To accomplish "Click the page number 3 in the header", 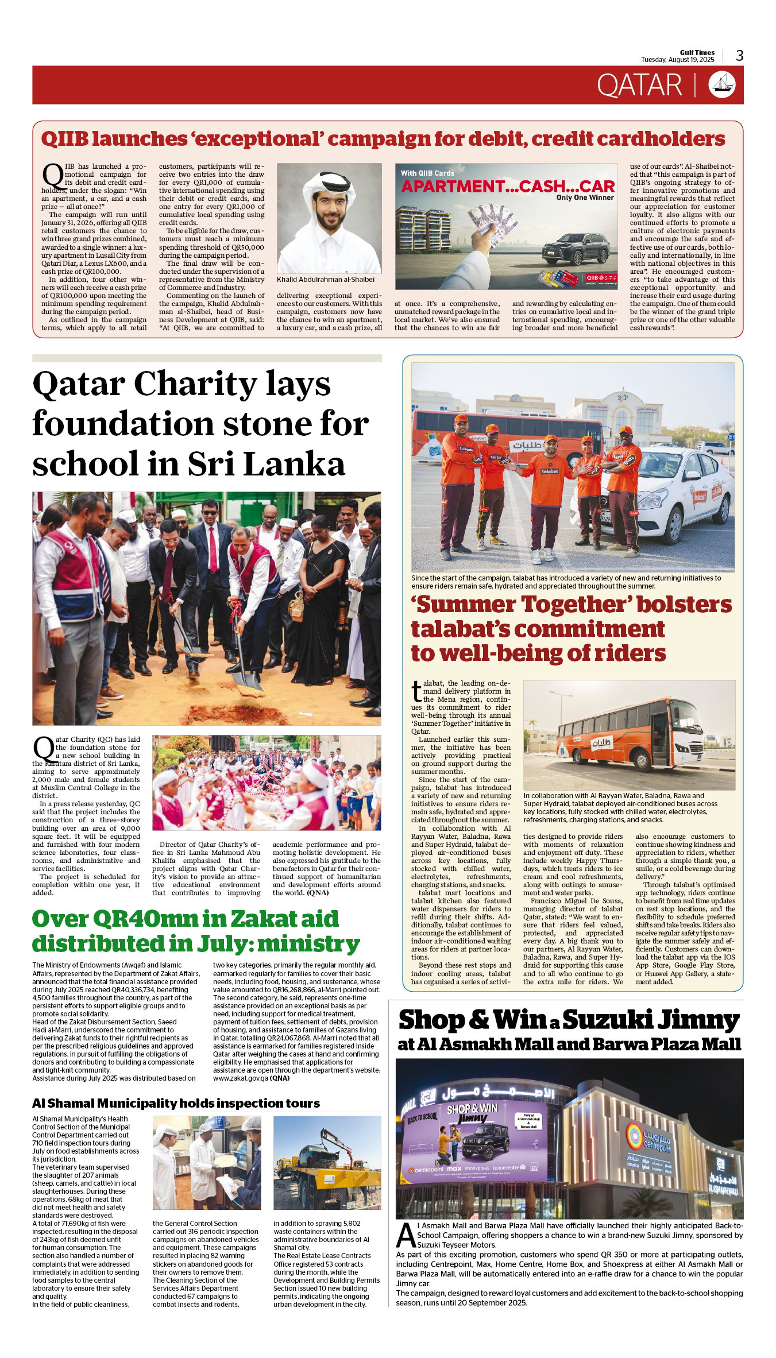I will pos(740,56).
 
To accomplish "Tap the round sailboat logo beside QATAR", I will pos(722,85).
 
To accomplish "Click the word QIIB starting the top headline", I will pos(65,139).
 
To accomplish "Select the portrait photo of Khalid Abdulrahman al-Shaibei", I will pos(329,218).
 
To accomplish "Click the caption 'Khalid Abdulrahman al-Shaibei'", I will pos(326,280).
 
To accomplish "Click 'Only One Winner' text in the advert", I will pos(585,198).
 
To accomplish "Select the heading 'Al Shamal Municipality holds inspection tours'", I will pos(176,1103).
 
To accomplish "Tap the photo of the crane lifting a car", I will pos(327,1163).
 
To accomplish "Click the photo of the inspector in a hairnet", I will pos(207,1163).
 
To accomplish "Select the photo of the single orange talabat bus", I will pos(629,735).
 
